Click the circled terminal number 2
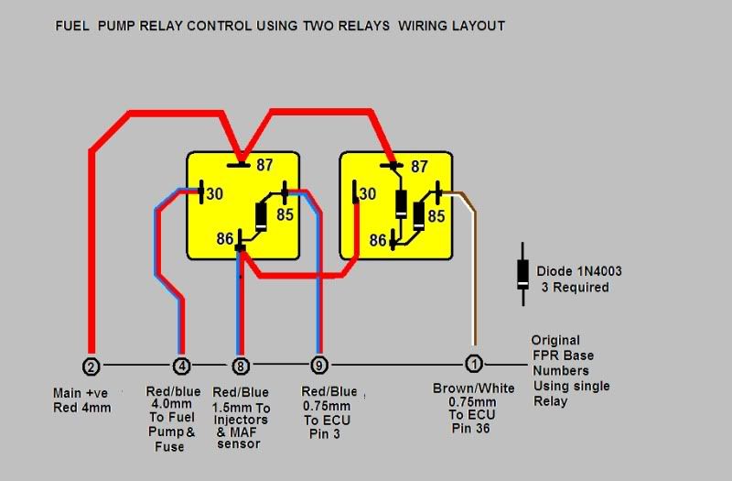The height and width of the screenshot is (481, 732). coord(90,365)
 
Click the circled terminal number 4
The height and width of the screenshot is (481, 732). coord(181,365)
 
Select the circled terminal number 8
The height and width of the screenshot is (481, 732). coord(241,365)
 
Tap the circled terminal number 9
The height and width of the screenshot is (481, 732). coord(318,365)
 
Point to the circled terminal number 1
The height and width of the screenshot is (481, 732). coord(473,364)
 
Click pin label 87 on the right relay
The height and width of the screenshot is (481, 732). coord(420,167)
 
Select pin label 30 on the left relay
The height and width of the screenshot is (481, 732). coord(214,194)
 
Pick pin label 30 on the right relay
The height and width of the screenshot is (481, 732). coord(367,194)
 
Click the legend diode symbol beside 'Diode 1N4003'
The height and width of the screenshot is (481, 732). coord(522,272)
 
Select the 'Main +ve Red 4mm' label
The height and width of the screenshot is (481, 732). coord(82,400)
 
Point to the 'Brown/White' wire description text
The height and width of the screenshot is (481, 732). coord(473,388)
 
